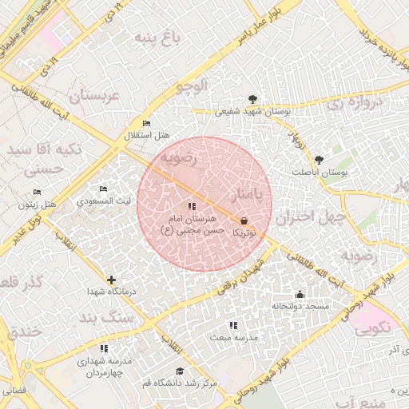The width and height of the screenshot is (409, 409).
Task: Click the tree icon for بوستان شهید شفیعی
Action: pos(253,99)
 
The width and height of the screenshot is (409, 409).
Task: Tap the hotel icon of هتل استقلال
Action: pos(145,123)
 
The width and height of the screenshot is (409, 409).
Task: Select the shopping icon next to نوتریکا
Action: pos(244,220)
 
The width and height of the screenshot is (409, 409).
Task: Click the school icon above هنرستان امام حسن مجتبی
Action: pos(190,207)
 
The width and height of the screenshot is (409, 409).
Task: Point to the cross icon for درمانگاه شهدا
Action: pos(111,280)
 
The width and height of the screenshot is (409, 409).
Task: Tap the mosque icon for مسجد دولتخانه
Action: pos(300,294)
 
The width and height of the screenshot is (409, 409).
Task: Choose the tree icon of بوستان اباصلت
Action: pos(320,160)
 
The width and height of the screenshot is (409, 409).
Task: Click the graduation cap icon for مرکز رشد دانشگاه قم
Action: pos(180,371)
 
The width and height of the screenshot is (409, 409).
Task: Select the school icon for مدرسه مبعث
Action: pos(232,325)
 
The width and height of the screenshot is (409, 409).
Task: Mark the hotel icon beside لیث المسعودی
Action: pos(104,189)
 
